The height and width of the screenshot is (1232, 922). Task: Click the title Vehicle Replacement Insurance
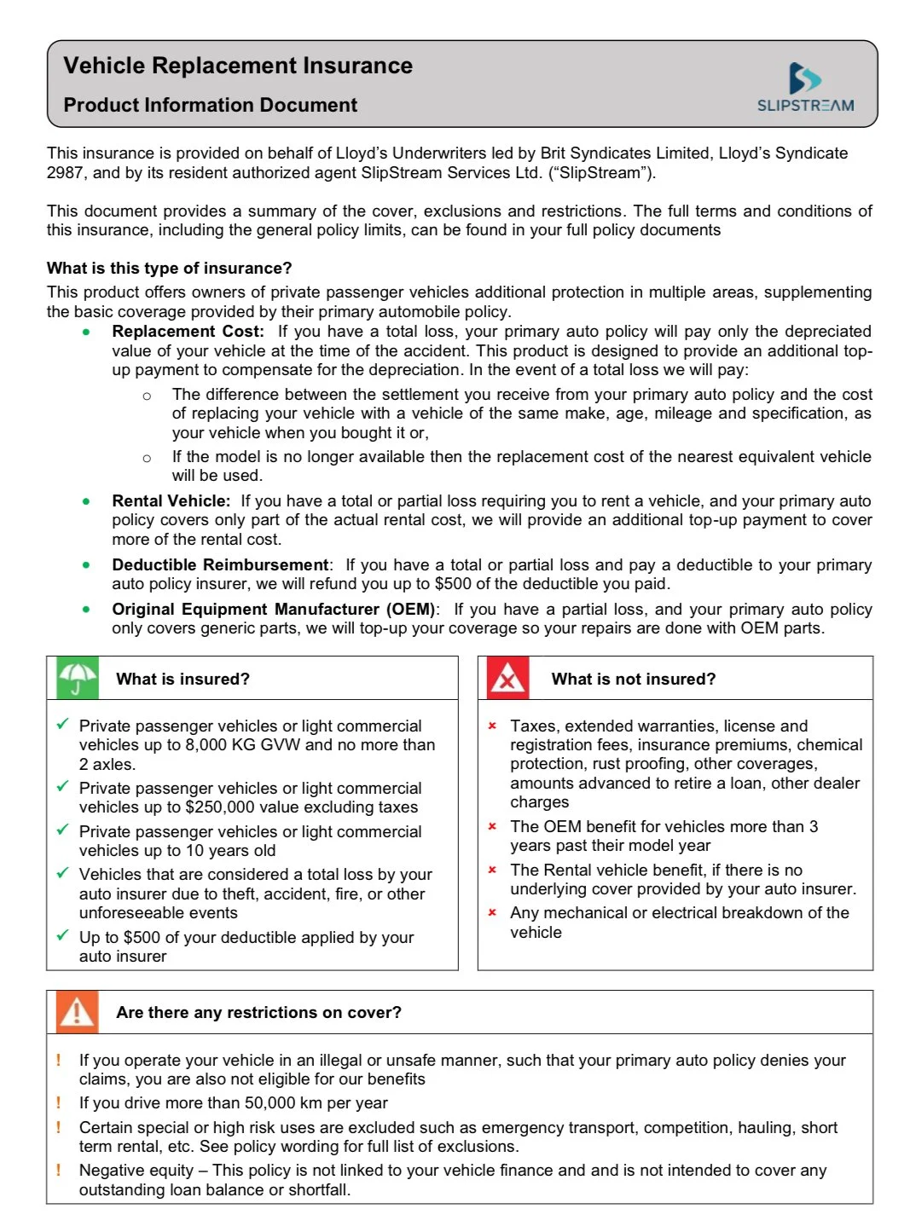238,66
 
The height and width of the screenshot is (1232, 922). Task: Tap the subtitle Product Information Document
210,105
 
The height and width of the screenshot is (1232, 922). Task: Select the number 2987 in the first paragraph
65,173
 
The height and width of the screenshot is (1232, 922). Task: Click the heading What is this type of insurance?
169,269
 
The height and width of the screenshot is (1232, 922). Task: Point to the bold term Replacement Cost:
188,332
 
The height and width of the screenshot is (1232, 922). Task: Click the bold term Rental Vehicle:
171,501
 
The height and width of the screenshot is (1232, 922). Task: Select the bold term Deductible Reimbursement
220,565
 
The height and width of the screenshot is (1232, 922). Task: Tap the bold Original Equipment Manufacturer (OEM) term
273,610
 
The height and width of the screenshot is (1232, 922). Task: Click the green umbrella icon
77,679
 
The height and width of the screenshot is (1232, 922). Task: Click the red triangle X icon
507,679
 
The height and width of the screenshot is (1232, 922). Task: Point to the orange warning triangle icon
77,1012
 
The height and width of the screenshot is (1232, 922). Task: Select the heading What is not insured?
633,680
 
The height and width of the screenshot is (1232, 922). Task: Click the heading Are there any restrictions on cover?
258,1013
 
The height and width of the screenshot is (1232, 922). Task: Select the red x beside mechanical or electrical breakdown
492,913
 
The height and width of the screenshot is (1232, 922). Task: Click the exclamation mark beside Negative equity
58,1170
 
